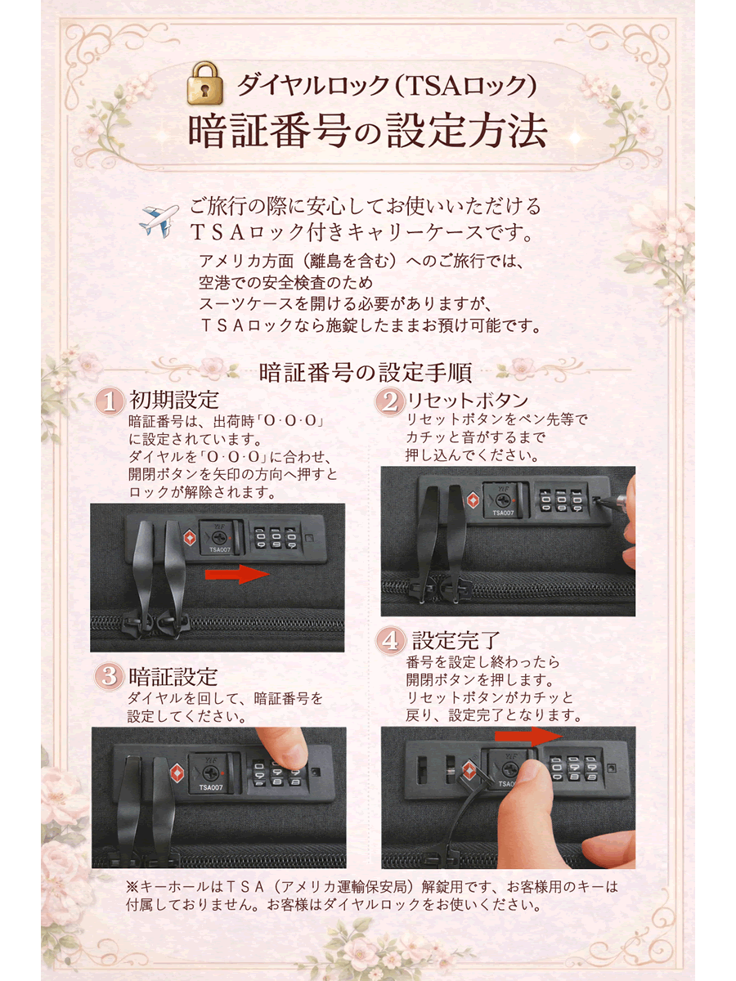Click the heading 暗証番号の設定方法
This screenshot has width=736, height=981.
(x=367, y=131)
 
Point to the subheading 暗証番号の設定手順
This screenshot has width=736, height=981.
(x=365, y=372)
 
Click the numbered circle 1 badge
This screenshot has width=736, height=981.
(x=109, y=401)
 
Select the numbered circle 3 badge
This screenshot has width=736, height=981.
(x=109, y=676)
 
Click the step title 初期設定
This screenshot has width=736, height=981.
(x=174, y=401)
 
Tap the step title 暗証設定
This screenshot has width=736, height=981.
(x=173, y=676)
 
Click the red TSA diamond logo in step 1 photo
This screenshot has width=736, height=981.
(x=189, y=537)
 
